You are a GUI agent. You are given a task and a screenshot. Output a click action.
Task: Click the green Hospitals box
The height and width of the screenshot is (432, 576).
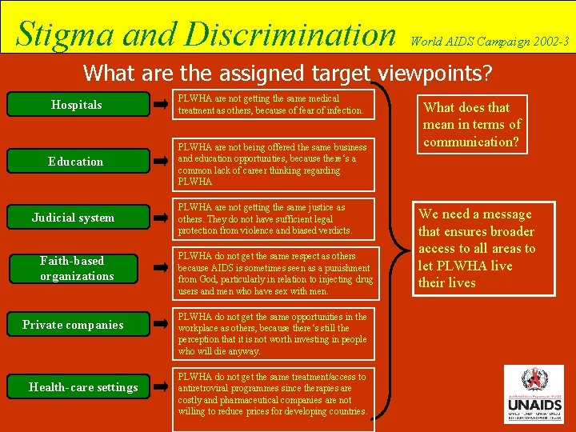point(76,105)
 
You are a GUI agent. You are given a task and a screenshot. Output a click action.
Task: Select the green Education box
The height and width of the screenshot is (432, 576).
point(76,162)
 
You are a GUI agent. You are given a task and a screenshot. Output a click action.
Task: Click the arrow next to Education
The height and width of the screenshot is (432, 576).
point(162,162)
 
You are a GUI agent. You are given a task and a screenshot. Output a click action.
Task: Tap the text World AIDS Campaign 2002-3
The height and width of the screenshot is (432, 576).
point(490,40)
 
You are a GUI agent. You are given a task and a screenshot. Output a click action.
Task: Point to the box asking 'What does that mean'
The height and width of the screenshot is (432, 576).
point(472,124)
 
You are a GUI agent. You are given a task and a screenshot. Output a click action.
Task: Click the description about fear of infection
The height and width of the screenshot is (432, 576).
point(272,105)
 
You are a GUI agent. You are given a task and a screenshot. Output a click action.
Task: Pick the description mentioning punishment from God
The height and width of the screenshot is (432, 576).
point(275,274)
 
